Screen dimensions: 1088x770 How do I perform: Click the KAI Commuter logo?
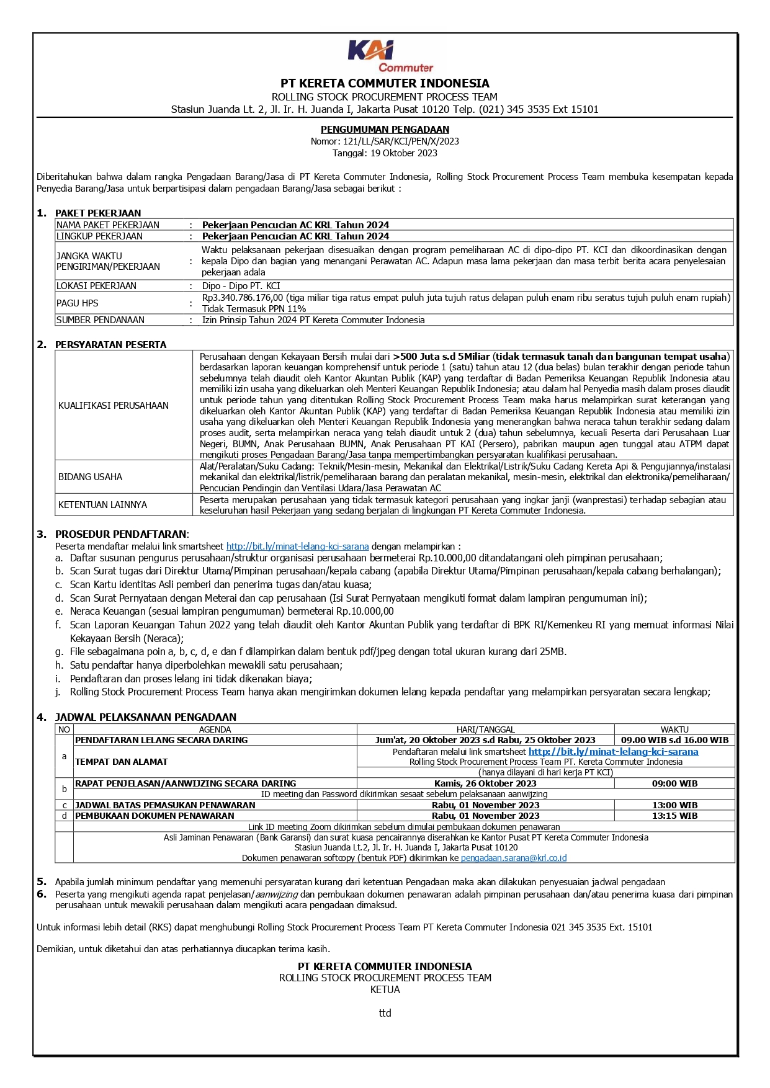click(390, 56)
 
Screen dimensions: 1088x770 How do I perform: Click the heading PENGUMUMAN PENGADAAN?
click(385, 130)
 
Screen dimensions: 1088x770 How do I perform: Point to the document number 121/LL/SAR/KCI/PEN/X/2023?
click(401, 141)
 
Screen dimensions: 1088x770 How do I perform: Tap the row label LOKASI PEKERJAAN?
click(96, 286)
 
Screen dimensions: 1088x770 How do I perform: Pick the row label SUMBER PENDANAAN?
click(101, 320)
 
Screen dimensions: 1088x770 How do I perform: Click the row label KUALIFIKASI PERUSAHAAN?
click(114, 406)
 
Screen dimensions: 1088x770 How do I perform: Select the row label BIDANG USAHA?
click(91, 477)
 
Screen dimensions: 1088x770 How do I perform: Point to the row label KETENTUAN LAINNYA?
click(103, 505)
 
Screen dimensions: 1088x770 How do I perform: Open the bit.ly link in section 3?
click(297, 546)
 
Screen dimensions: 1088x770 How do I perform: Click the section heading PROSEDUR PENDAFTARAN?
click(120, 534)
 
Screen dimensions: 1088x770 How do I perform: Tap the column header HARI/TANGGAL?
click(485, 729)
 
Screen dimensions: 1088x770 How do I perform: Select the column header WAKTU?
click(674, 729)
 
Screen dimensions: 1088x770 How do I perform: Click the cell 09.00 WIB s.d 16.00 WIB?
click(674, 740)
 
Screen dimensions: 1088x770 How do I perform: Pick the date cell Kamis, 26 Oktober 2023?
click(485, 783)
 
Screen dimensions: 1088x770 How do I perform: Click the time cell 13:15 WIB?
click(674, 816)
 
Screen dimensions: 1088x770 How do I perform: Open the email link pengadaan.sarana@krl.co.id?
click(514, 858)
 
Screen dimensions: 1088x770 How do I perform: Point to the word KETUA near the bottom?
click(385, 989)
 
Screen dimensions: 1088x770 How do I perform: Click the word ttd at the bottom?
click(385, 1013)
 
